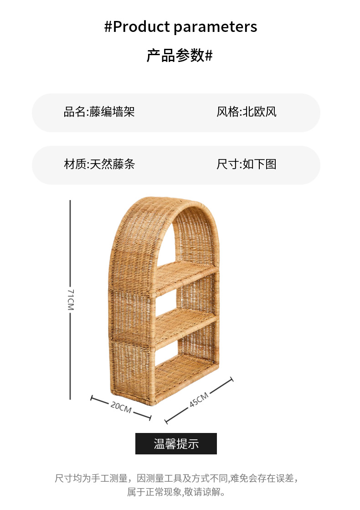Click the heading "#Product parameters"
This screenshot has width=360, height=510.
click(180, 27)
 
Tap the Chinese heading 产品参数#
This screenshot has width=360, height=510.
click(180, 56)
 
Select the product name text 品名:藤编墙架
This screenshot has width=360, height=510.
click(99, 112)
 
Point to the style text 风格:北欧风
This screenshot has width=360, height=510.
click(247, 112)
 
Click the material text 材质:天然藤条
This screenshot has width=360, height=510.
click(99, 164)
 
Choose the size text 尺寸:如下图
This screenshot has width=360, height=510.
click(247, 164)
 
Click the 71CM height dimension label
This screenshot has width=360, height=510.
click(71, 299)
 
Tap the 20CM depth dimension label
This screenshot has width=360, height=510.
click(121, 407)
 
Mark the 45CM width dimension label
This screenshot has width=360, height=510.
click(199, 400)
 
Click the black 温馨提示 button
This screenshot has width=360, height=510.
click(176, 443)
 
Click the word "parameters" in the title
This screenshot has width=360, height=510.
click(215, 27)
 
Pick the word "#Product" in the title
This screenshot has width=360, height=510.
click(137, 27)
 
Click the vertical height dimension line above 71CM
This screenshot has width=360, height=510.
click(70, 242)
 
